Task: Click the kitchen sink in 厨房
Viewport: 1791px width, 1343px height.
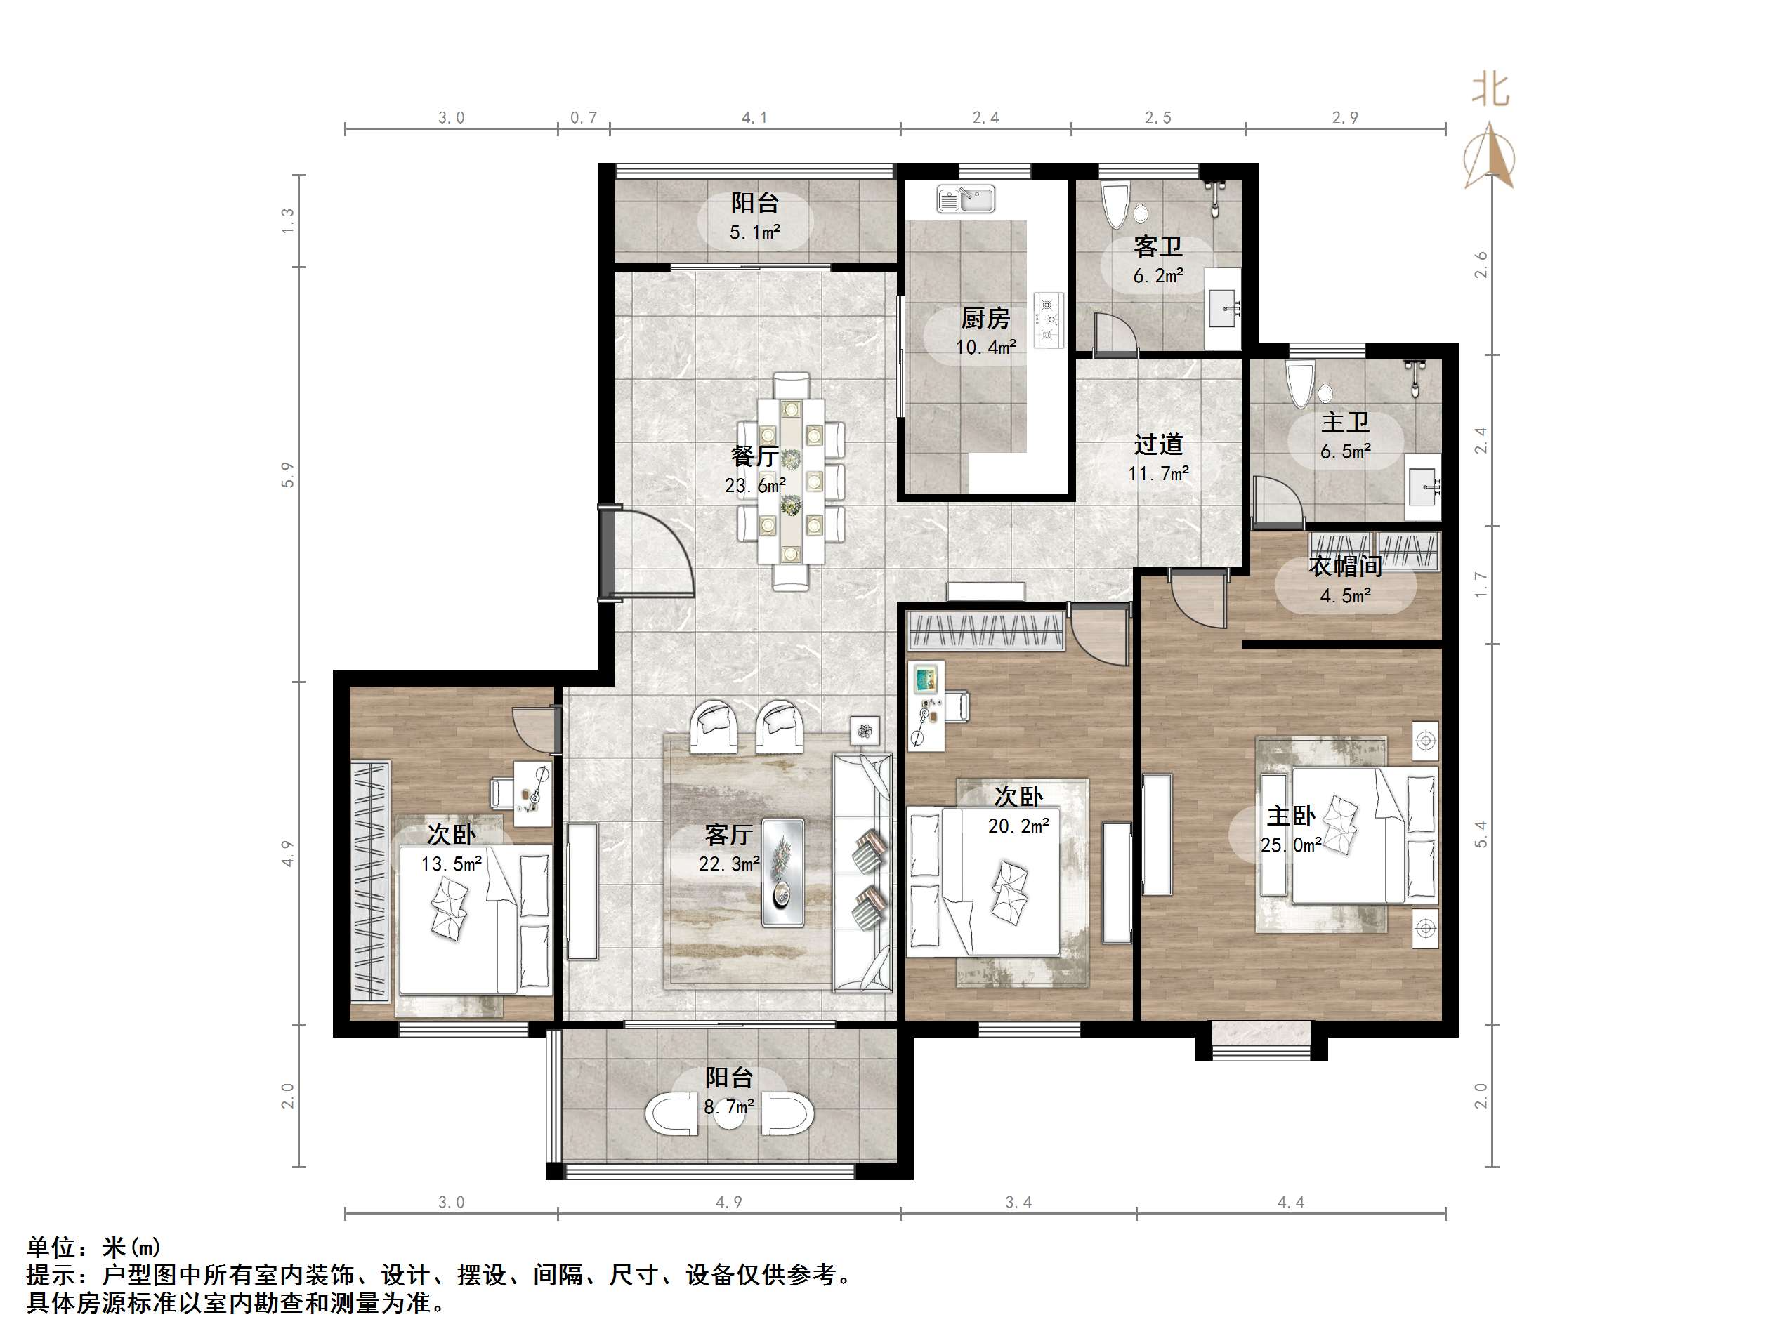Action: tap(966, 199)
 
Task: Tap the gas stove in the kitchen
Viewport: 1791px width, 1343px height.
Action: tap(1049, 321)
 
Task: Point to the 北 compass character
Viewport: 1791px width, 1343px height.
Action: tap(1490, 89)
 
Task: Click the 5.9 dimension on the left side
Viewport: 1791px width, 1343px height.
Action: tap(287, 475)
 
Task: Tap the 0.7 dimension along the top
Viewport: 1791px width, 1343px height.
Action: tap(583, 118)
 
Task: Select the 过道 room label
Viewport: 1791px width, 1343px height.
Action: tap(1158, 444)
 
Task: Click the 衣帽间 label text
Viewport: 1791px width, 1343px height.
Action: tap(1345, 567)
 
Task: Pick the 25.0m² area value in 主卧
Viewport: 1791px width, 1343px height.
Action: tap(1291, 845)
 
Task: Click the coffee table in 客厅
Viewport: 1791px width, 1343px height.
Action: tap(783, 872)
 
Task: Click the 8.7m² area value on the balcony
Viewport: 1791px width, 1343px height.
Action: tap(729, 1106)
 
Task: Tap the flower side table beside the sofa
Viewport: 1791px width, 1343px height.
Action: tap(865, 731)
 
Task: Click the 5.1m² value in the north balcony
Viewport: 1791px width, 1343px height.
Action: tap(754, 233)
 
